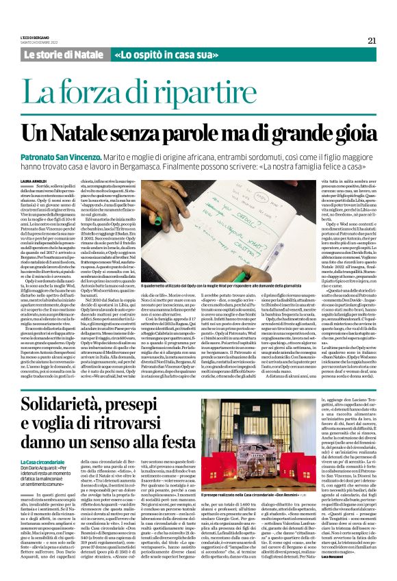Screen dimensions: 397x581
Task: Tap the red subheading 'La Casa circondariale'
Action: click(x=45, y=443)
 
